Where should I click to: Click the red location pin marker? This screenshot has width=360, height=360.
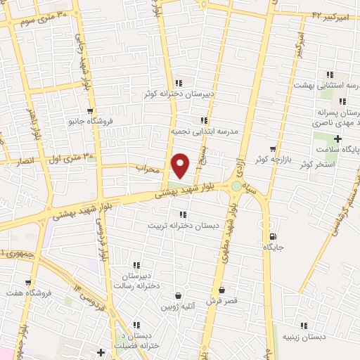(x=181, y=165)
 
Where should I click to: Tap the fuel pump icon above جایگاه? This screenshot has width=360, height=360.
(x=273, y=237)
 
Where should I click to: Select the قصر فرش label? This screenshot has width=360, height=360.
(x=221, y=300)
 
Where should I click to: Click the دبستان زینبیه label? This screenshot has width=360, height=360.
(x=304, y=336)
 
